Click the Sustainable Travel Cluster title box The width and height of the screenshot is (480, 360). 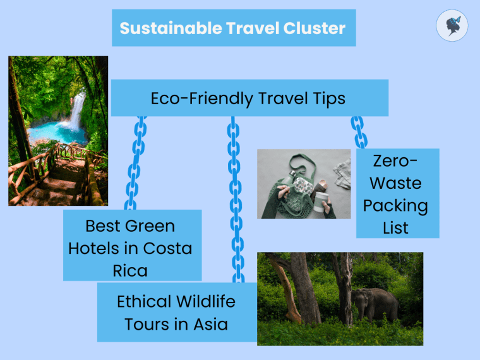(234, 28)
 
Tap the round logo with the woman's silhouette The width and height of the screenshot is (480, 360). (452, 26)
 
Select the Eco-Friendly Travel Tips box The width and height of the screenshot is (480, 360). (249, 98)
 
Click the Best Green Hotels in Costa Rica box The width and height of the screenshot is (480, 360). (132, 246)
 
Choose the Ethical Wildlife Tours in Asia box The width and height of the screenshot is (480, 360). (176, 312)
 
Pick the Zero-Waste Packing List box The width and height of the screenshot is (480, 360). (397, 193)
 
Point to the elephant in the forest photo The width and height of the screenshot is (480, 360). (376, 304)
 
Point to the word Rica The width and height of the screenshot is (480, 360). (130, 270)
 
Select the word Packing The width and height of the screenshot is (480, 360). (396, 205)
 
